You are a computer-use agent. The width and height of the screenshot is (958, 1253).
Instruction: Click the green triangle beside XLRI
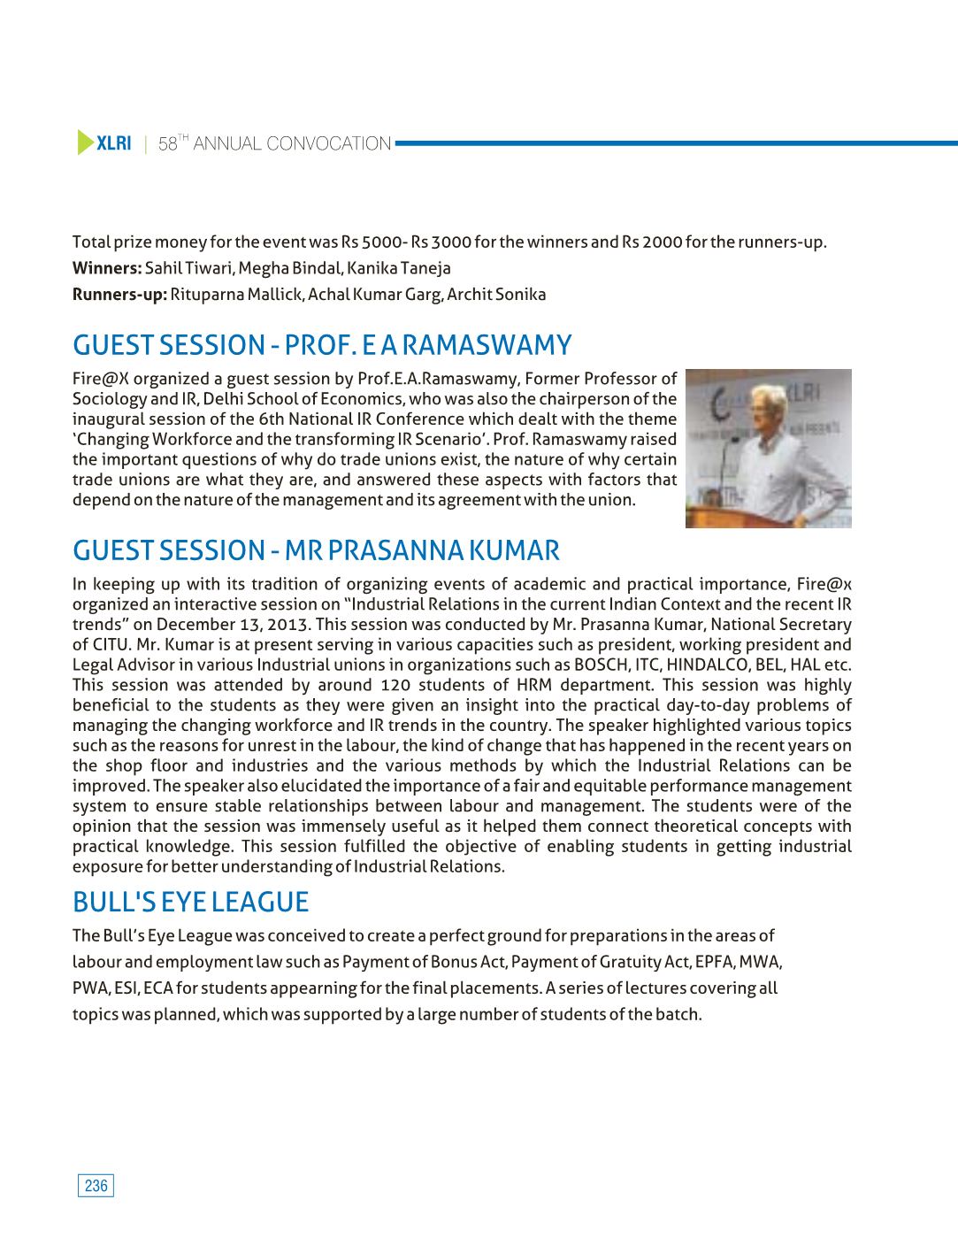coord(85,142)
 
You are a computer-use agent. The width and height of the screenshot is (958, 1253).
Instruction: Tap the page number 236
coord(96,1186)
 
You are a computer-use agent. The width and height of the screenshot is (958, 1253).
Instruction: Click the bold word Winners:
coord(107,268)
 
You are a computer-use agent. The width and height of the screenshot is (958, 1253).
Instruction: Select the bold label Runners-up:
coord(119,295)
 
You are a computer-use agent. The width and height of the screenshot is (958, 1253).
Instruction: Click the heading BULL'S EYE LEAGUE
coord(190,902)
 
